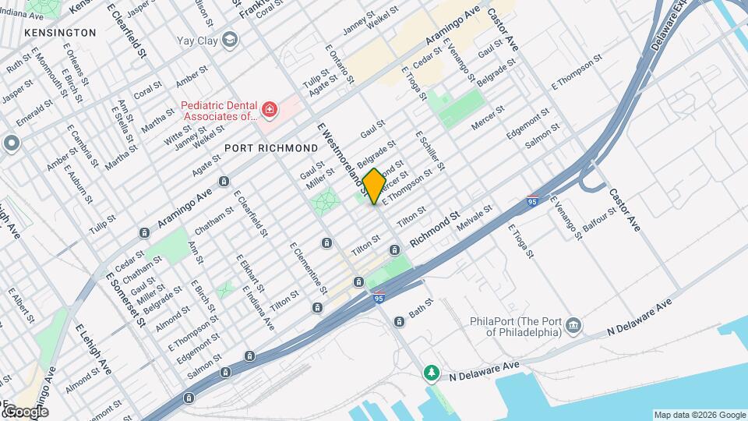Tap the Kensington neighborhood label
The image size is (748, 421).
coord(60,33)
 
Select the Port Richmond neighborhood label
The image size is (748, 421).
coord(270,147)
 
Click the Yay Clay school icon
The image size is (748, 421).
coord(229,39)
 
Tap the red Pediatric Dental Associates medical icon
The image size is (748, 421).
coord(270,111)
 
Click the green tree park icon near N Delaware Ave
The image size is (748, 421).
coord(431,374)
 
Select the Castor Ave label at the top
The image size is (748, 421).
coord(503,30)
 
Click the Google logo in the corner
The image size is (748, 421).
coord(26,411)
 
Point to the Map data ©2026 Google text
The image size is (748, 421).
coord(699,415)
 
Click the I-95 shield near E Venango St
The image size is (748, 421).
coord(533,200)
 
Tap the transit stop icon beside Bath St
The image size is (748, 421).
coord(399,321)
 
